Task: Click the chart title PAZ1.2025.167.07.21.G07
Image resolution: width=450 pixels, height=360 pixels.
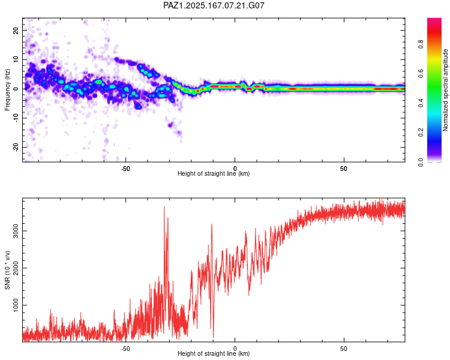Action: pyautogui.click(x=214, y=5)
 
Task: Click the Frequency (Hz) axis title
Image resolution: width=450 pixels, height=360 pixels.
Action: pyautogui.click(x=7, y=90)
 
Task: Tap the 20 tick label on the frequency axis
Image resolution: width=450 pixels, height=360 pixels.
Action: pyautogui.click(x=16, y=30)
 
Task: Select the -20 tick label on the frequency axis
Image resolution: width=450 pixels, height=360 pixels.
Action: pyautogui.click(x=16, y=148)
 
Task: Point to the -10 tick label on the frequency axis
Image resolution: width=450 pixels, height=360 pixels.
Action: pyautogui.click(x=16, y=118)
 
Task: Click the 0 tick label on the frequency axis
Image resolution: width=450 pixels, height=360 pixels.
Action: pyautogui.click(x=16, y=89)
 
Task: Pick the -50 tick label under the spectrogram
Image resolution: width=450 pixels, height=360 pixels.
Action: pyautogui.click(x=125, y=169)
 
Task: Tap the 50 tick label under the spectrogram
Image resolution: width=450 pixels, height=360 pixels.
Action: pyautogui.click(x=344, y=169)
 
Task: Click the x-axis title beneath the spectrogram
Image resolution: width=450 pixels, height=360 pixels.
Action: pyautogui.click(x=214, y=173)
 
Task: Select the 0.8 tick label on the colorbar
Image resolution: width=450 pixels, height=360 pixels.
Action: pyautogui.click(x=421, y=44)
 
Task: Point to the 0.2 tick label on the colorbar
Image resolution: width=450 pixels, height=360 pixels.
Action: pyautogui.click(x=421, y=133)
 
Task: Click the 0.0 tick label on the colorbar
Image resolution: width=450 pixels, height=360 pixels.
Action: pyautogui.click(x=421, y=162)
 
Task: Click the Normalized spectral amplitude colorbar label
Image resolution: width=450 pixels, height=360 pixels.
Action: pyautogui.click(x=445, y=90)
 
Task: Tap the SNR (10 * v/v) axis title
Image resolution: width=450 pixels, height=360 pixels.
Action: pyautogui.click(x=7, y=270)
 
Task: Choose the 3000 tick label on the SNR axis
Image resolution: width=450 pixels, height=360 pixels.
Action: pyautogui.click(x=16, y=231)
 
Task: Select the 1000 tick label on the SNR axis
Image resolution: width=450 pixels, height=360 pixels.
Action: pyautogui.click(x=16, y=305)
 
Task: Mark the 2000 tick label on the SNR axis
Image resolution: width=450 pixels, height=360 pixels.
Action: pyautogui.click(x=16, y=268)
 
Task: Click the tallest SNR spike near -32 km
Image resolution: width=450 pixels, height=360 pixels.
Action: pyautogui.click(x=164, y=207)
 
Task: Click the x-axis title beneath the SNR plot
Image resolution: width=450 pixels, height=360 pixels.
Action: pyautogui.click(x=214, y=353)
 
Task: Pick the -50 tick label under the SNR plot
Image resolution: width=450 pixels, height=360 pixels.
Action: pyautogui.click(x=125, y=349)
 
